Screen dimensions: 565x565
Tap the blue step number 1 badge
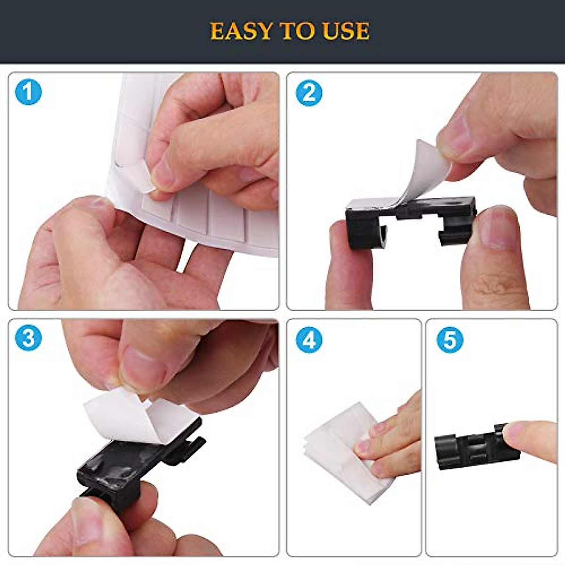click(28, 92)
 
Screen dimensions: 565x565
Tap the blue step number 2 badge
click(309, 93)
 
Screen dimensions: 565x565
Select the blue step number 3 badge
click(28, 339)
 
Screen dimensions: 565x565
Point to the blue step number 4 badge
click(309, 340)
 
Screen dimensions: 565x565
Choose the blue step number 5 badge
click(450, 340)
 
